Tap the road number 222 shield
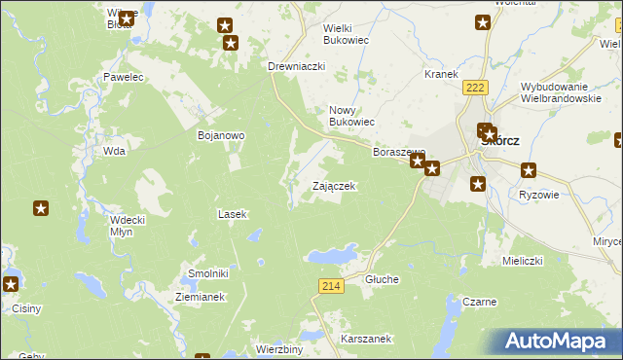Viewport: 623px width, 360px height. [474, 88]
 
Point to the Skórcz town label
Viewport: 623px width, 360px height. [500, 140]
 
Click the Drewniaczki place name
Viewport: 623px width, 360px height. [296, 66]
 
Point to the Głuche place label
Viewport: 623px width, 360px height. [382, 279]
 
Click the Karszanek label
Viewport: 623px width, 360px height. [366, 339]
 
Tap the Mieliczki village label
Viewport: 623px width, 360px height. [521, 261]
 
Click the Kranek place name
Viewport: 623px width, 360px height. [441, 74]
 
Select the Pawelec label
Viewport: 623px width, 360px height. [124, 76]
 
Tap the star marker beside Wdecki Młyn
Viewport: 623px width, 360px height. [41, 207]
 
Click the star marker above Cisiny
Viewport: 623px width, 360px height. [10, 284]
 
